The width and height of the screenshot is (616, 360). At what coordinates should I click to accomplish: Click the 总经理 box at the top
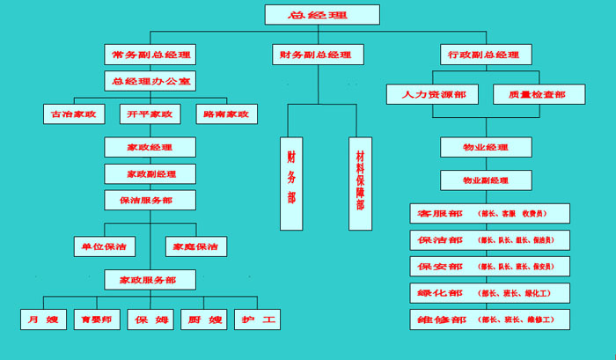click(x=322, y=15)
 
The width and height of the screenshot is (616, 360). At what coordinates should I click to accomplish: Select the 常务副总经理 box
click(x=150, y=55)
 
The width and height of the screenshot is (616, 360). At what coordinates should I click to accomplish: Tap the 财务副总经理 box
click(x=317, y=55)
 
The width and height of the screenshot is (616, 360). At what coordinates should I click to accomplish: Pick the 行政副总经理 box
click(x=483, y=55)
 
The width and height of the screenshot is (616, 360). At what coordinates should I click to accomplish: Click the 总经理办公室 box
click(x=150, y=81)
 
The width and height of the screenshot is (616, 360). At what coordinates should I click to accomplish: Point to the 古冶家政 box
click(x=74, y=114)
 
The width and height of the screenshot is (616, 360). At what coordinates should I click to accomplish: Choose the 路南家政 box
click(x=225, y=114)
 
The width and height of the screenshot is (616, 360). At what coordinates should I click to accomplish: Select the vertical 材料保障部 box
click(x=360, y=183)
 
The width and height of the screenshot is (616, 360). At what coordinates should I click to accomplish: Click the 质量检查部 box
click(x=529, y=93)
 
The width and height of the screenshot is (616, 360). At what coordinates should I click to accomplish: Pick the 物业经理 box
click(x=486, y=147)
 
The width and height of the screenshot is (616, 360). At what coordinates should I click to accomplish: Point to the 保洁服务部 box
click(x=150, y=200)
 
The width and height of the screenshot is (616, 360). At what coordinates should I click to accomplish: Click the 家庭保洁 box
click(x=196, y=246)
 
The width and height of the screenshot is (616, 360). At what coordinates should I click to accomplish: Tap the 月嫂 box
click(x=42, y=320)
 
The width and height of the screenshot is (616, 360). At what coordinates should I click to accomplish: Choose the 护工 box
click(x=257, y=320)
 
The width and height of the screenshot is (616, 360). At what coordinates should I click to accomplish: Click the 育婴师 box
click(x=97, y=320)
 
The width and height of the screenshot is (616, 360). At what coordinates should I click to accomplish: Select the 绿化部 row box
click(x=489, y=292)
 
